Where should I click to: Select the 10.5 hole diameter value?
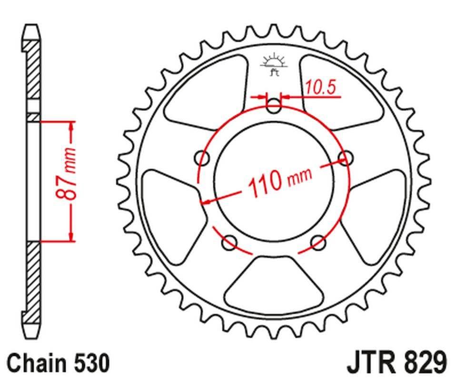pos(320,88)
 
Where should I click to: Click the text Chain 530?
pos(59,363)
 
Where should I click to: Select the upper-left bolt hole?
pos(203,158)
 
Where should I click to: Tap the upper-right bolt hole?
pos(345,158)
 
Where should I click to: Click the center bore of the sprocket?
pos(274,181)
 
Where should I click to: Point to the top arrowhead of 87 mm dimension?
pos(71,125)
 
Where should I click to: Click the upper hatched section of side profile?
pos(33,71)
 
